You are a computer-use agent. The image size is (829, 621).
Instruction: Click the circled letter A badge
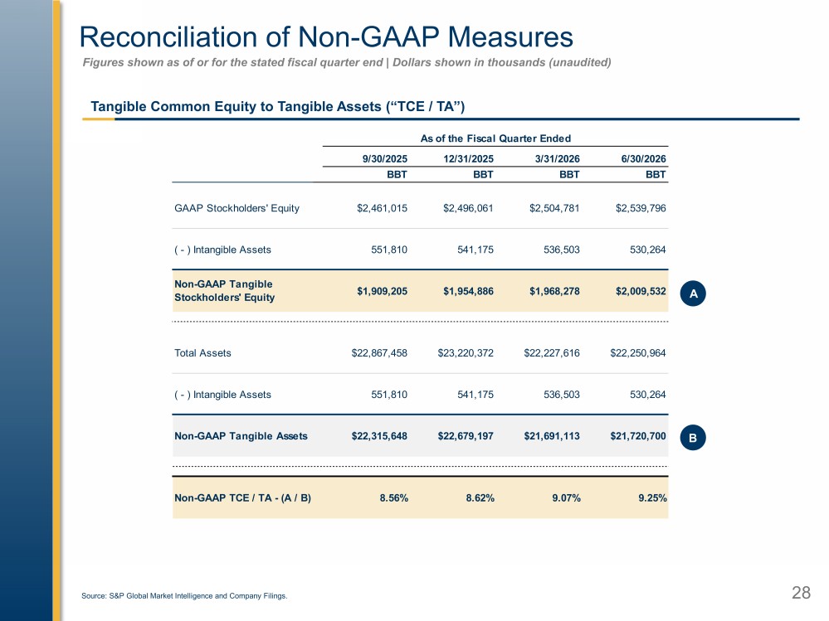point(693,293)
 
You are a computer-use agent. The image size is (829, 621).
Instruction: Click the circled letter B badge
point(693,438)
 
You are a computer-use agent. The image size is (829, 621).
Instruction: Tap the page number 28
point(801,593)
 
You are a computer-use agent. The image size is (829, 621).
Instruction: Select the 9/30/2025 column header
point(384,159)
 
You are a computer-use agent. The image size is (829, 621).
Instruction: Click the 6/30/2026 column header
point(643,159)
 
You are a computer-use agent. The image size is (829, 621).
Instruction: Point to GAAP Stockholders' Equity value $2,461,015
point(382,208)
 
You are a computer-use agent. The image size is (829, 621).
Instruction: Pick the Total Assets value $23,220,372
point(466,352)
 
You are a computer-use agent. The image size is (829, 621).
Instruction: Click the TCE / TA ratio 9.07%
point(566,498)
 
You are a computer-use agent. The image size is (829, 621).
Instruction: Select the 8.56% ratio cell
point(394,498)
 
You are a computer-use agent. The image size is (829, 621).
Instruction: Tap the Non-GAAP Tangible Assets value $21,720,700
point(637,436)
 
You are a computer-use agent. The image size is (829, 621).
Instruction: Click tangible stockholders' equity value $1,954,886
point(468,291)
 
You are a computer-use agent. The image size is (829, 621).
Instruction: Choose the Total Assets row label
point(202,352)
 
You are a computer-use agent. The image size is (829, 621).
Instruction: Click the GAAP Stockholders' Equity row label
point(237,208)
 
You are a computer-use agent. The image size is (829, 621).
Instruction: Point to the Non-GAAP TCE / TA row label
point(242,498)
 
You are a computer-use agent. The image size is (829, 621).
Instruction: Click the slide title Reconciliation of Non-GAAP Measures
point(325,37)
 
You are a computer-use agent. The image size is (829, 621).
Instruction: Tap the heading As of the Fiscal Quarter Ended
point(495,138)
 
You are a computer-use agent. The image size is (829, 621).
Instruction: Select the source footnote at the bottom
point(184,595)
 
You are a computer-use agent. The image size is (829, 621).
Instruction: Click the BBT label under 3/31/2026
point(569,174)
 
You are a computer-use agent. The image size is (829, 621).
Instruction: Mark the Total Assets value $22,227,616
point(552,352)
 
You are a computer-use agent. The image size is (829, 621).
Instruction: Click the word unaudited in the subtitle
point(581,62)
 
